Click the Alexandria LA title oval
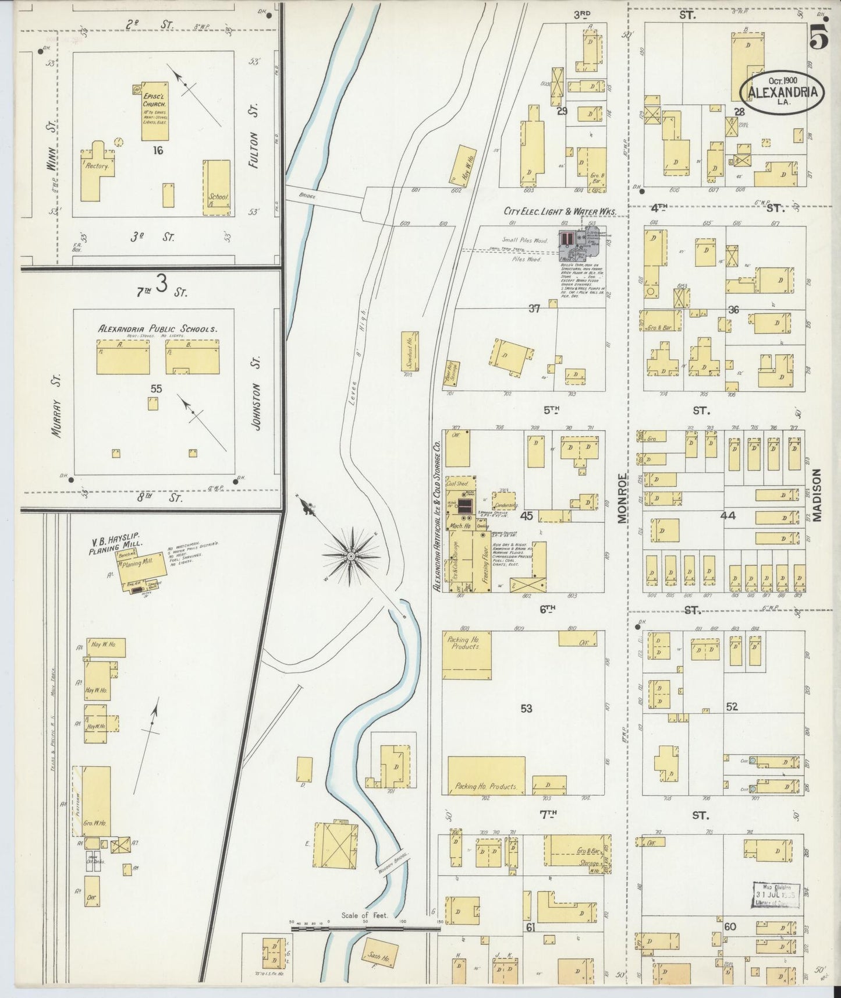[x=782, y=92]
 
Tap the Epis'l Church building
[x=155, y=111]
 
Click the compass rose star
[x=351, y=557]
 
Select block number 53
[x=526, y=709]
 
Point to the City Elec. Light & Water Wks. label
[x=559, y=212]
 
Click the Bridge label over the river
[x=308, y=197]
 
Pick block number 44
[x=728, y=515]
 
